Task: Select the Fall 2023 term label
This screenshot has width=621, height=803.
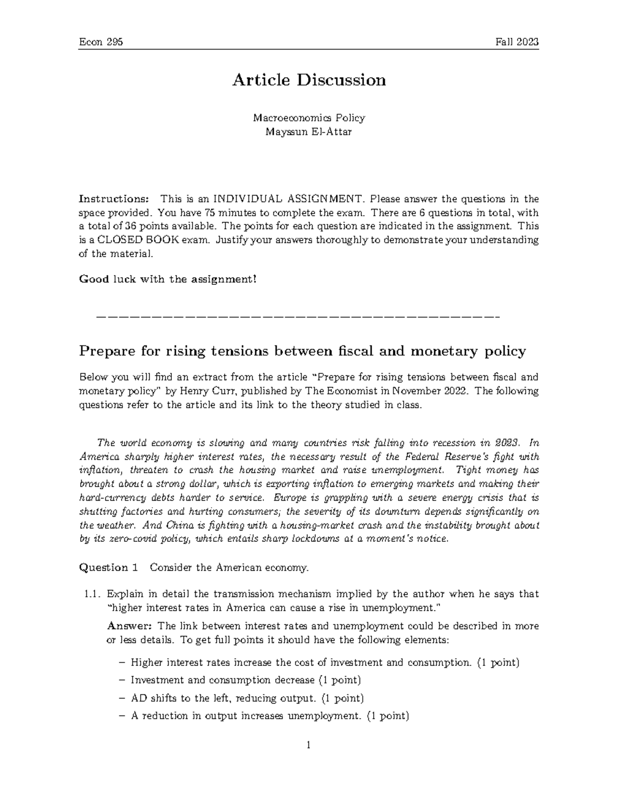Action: click(517, 42)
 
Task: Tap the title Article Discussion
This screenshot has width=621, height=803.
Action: click(309, 80)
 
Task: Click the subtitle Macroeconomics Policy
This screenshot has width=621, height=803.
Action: click(309, 118)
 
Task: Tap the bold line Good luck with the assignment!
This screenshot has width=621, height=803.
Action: click(167, 279)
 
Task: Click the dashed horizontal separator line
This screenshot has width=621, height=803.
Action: click(298, 316)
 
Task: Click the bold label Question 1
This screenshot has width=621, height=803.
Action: click(109, 568)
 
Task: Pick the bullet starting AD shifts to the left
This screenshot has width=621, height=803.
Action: click(247, 698)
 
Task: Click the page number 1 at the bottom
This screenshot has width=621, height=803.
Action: click(308, 745)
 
